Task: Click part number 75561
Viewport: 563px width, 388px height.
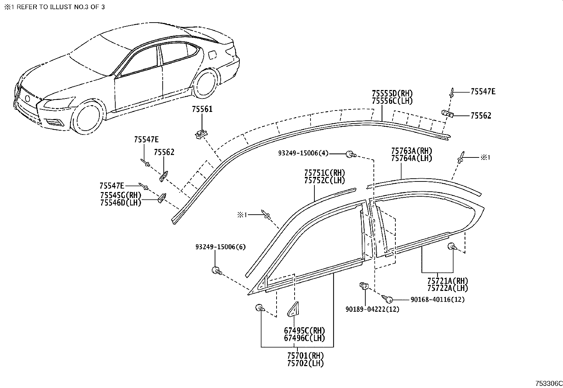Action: tap(202, 109)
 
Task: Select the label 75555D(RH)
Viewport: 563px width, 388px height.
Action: tap(392, 94)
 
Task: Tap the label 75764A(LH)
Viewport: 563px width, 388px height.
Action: tap(411, 159)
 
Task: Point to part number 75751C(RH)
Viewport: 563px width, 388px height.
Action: tap(324, 173)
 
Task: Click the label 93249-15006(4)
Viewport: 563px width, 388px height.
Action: tap(303, 153)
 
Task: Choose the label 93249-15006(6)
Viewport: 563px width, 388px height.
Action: tap(220, 247)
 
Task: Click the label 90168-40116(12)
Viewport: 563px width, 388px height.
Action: tap(437, 300)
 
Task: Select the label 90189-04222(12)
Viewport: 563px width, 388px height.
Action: tap(372, 309)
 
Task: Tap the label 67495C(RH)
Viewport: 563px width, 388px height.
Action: tap(304, 331)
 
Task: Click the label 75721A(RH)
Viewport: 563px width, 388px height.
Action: tap(447, 281)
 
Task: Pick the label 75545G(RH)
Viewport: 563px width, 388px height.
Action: tap(120, 195)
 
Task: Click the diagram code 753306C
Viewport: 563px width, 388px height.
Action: tap(548, 383)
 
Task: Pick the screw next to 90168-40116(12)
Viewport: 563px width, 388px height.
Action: tap(389, 299)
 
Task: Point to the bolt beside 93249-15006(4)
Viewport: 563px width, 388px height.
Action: tap(350, 154)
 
